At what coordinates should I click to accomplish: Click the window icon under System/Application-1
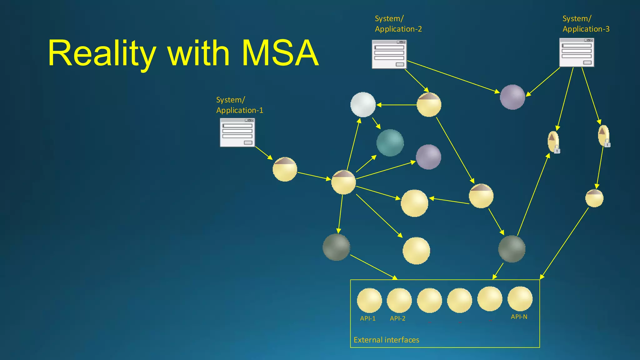pyautogui.click(x=237, y=132)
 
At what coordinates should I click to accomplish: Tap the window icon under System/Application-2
pyautogui.click(x=389, y=54)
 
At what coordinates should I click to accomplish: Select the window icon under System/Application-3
pyautogui.click(x=577, y=52)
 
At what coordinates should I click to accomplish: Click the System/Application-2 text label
pyautogui.click(x=398, y=24)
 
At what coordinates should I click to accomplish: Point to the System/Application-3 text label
pyautogui.click(x=586, y=24)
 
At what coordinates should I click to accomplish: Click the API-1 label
pyautogui.click(x=367, y=318)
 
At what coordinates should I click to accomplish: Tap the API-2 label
pyautogui.click(x=397, y=318)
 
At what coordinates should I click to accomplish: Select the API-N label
pyautogui.click(x=519, y=317)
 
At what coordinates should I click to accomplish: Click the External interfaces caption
pyautogui.click(x=386, y=340)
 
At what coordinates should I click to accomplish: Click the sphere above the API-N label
pyautogui.click(x=520, y=299)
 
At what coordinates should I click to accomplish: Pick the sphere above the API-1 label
pyautogui.click(x=369, y=300)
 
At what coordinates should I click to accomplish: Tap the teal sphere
pyautogui.click(x=390, y=143)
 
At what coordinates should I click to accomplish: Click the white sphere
pyautogui.click(x=363, y=104)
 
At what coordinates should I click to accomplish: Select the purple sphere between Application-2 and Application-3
pyautogui.click(x=512, y=97)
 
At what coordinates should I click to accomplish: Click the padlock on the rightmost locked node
pyautogui.click(x=607, y=143)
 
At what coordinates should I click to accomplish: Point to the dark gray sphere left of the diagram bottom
pyautogui.click(x=336, y=247)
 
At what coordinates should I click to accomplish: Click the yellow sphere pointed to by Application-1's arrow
pyautogui.click(x=285, y=169)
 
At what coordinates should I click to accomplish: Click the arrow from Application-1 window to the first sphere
pyautogui.click(x=264, y=153)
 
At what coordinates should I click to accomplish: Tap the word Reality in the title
pyautogui.click(x=102, y=53)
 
